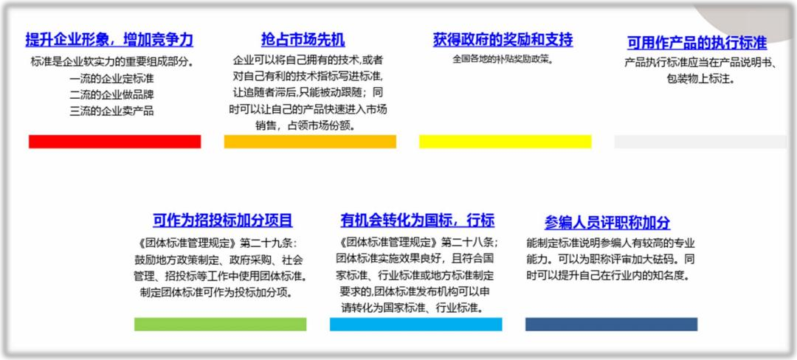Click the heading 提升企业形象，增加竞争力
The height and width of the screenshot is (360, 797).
click(109, 40)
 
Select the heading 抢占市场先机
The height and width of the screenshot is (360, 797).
click(303, 40)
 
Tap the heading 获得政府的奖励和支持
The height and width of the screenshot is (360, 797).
click(503, 40)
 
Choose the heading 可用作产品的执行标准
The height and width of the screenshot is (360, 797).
click(697, 43)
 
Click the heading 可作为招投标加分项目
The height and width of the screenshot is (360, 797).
click(223, 221)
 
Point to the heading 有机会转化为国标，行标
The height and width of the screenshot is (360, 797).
click(417, 221)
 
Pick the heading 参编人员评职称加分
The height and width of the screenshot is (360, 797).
click(607, 222)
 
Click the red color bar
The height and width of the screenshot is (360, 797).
click(115, 142)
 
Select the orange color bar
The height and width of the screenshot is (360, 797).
click(310, 142)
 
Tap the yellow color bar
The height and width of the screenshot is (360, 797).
click(506, 142)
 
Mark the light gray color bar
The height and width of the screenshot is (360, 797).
click(700, 142)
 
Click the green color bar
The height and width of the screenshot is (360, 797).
click(220, 325)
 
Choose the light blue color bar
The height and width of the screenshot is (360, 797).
click(415, 325)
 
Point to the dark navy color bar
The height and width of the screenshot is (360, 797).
click(611, 325)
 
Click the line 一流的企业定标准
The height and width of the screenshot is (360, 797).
click(112, 79)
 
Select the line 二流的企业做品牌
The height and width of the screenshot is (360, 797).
click(112, 95)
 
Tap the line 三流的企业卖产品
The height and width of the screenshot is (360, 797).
click(112, 111)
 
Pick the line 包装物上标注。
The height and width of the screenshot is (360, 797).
click(701, 79)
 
